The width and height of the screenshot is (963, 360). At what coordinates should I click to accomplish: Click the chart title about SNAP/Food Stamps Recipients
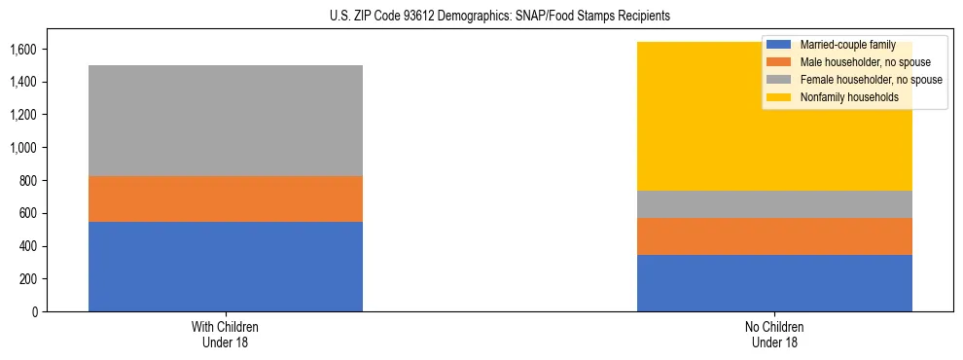(x=481, y=17)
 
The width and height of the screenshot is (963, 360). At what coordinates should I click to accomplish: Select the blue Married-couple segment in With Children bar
(x=226, y=267)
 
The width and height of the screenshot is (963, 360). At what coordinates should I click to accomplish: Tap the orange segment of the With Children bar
(x=226, y=198)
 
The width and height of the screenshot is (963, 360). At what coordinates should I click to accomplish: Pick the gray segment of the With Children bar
(x=226, y=121)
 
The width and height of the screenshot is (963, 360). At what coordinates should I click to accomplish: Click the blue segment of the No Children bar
(x=774, y=283)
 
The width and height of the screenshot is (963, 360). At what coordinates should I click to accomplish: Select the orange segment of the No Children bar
(x=774, y=236)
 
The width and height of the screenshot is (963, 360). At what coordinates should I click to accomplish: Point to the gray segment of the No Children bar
(x=774, y=204)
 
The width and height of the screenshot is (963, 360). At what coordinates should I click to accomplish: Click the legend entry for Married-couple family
(x=840, y=45)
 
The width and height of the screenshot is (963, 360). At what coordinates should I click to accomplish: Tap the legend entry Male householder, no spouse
(x=857, y=62)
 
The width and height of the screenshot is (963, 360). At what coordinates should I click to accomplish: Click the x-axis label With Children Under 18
(x=226, y=334)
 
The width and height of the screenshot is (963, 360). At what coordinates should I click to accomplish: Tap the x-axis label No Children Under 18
(x=774, y=334)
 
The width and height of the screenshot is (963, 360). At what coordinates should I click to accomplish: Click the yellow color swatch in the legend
(x=778, y=97)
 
